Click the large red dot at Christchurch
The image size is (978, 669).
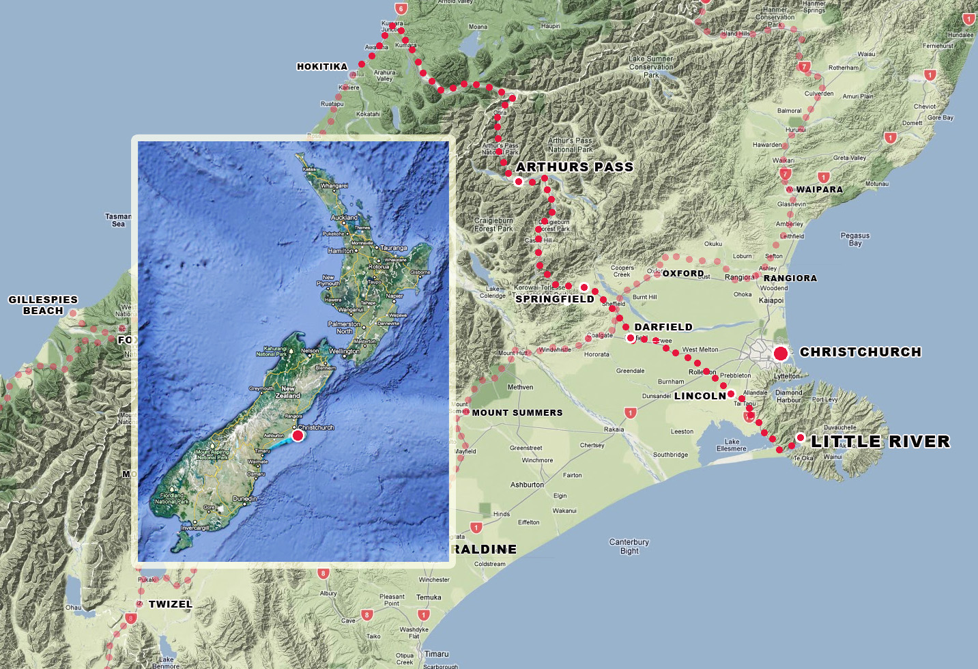(781, 354)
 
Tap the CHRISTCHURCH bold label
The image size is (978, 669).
(860, 352)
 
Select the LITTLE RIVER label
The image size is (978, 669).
(880, 442)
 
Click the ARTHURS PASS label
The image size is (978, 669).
(575, 167)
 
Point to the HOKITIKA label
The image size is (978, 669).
(322, 66)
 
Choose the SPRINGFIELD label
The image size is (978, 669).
(555, 299)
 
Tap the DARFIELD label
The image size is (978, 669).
(663, 327)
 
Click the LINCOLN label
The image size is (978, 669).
(700, 396)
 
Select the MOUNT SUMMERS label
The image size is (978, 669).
(517, 412)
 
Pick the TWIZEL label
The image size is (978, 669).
(171, 604)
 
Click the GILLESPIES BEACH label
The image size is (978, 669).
(43, 305)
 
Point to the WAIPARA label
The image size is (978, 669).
(819, 189)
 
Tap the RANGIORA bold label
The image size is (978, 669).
(790, 278)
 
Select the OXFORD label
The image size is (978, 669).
(683, 273)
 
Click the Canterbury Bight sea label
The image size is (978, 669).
(629, 546)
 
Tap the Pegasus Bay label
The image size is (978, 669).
(855, 239)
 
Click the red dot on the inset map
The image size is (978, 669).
(298, 435)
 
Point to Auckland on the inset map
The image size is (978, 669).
(344, 218)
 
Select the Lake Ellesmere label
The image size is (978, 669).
(732, 445)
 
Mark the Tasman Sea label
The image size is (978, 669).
(118, 220)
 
